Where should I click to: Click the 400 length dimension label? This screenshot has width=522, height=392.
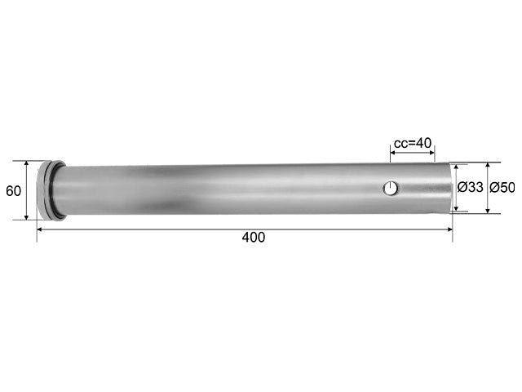point(254,238)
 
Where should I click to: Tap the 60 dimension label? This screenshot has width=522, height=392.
point(13,191)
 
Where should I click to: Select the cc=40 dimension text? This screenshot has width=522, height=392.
point(413,144)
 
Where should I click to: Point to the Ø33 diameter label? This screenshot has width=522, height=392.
point(470,187)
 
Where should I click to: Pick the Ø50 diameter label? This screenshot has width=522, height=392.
point(502,188)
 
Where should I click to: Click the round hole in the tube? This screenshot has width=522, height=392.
point(391,189)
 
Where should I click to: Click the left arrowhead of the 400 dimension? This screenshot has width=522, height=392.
point(39,229)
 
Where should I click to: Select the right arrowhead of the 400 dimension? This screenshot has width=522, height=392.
point(449,229)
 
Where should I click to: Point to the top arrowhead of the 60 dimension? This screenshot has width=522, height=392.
point(27,163)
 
